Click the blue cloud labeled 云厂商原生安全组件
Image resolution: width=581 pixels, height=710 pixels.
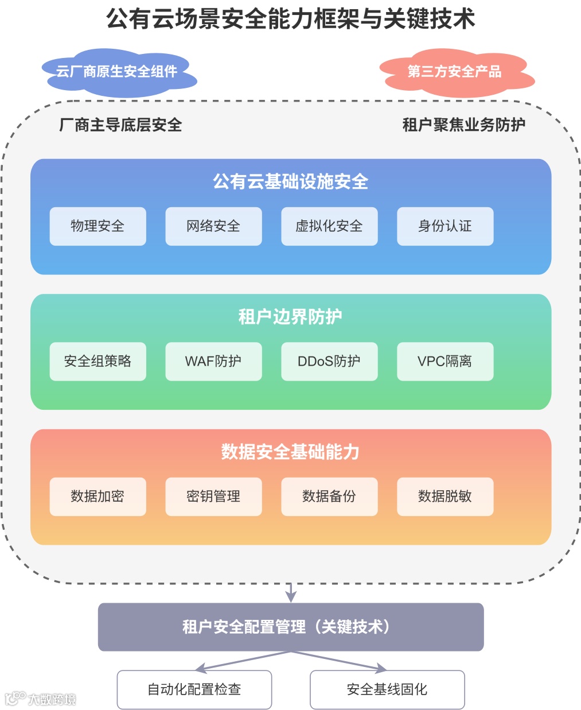click(117, 72)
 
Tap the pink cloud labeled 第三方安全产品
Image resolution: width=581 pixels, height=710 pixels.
click(454, 72)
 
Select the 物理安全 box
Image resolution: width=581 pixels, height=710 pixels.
click(98, 226)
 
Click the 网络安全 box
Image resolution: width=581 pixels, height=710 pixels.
click(213, 226)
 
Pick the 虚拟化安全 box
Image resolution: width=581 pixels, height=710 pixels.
click(329, 226)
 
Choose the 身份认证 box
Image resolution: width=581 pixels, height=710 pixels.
click(445, 226)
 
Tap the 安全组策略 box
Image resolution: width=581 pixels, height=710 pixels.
click(98, 361)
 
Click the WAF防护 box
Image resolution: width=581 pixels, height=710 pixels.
click(213, 361)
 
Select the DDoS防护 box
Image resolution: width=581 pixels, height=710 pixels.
click(329, 361)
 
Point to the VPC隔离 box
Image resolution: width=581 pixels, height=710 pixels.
click(445, 361)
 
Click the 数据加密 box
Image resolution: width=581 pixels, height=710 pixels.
click(98, 496)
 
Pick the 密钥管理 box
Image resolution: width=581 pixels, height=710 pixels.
click(213, 496)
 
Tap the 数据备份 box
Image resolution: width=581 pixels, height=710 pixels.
click(329, 496)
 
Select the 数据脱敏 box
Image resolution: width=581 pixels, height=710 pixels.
click(445, 496)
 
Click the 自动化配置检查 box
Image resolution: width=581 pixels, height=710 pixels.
click(194, 689)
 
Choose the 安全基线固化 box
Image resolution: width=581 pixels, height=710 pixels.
click(387, 689)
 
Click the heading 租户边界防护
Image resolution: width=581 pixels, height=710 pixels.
click(290, 316)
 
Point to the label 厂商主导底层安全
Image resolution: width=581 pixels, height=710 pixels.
click(120, 125)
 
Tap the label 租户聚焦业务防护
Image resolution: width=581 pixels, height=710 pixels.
click(463, 125)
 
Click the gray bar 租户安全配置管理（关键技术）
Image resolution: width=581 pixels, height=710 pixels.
click(290, 627)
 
